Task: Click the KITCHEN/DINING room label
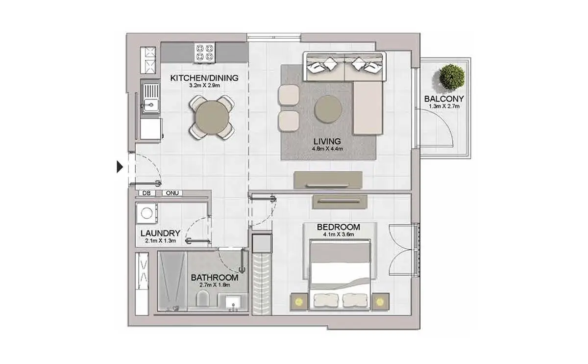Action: point(204,78)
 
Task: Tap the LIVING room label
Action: point(327,141)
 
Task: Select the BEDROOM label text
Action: point(339,227)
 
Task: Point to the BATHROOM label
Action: point(215,278)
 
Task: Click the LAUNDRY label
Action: point(160,233)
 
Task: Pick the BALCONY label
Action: point(444,99)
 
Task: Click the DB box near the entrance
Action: point(147,193)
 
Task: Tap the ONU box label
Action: point(172,193)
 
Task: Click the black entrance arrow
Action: point(120,167)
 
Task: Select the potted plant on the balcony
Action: point(452,78)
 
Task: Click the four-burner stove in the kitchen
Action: point(204,52)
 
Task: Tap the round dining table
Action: point(212,117)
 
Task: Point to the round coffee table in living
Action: point(328,109)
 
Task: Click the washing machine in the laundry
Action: point(147,213)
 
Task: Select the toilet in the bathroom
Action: point(203,298)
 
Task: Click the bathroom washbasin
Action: point(233,302)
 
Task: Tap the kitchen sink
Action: point(151,98)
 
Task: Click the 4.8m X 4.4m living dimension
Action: point(327,149)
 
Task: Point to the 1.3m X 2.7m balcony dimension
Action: point(444,106)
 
